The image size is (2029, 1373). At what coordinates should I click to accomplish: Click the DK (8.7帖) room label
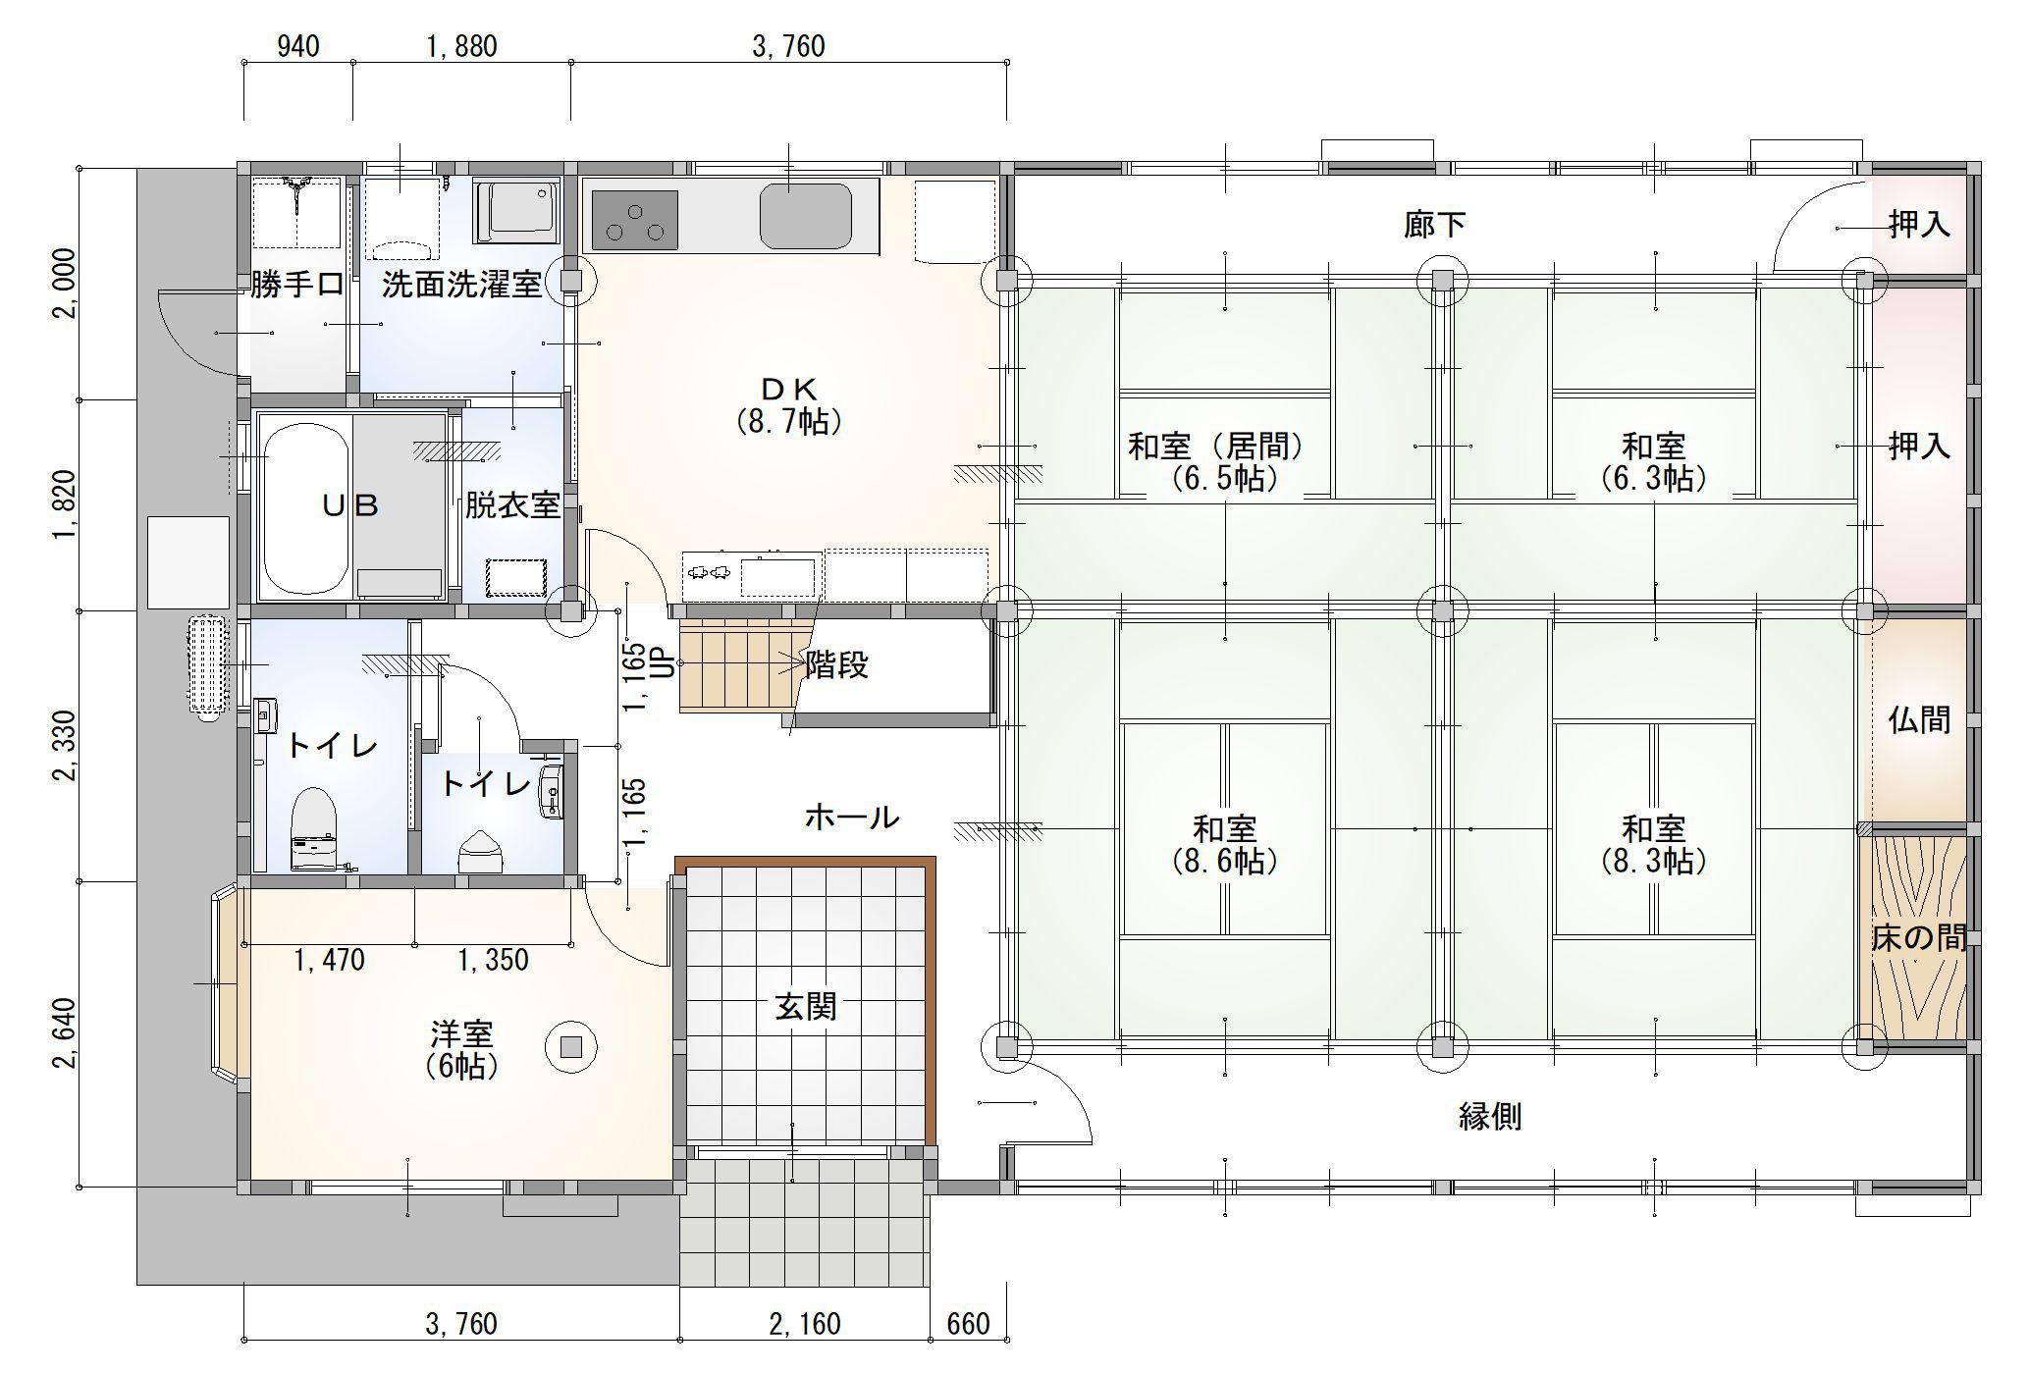(x=789, y=404)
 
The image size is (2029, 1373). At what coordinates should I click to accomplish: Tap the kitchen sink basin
(x=805, y=216)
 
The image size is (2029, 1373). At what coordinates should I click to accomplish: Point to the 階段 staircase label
(x=837, y=665)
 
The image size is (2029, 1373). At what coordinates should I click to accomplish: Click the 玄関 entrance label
(x=805, y=1007)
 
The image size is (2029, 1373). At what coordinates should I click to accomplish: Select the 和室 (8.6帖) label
(x=1225, y=844)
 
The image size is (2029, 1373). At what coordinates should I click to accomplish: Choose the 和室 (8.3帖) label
(x=1654, y=844)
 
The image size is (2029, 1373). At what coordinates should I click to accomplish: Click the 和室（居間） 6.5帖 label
(x=1217, y=462)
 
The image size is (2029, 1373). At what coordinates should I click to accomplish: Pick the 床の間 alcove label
(x=1918, y=938)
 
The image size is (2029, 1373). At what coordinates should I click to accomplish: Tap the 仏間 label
(x=1919, y=720)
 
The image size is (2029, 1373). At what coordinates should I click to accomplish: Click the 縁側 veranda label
(x=1490, y=1116)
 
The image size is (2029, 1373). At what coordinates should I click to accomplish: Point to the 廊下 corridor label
(x=1435, y=226)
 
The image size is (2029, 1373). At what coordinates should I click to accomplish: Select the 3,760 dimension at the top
(x=788, y=46)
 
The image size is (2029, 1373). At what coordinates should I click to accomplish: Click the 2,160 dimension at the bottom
(x=805, y=1324)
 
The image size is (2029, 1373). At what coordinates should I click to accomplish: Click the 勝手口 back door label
(x=296, y=285)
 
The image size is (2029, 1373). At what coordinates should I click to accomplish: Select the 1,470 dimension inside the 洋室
(x=329, y=960)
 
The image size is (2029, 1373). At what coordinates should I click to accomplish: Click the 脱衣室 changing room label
(x=512, y=506)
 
